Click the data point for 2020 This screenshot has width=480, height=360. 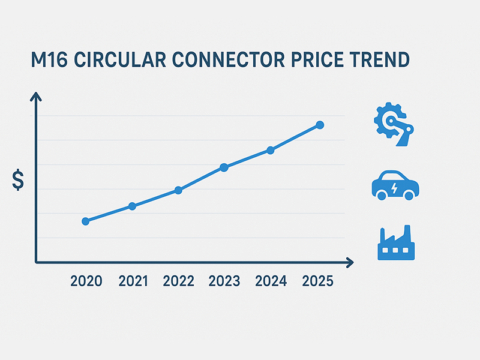[x=85, y=221]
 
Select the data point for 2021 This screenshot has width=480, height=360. [x=132, y=206]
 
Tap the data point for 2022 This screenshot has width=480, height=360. [x=178, y=190]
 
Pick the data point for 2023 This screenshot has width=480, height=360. [x=224, y=167]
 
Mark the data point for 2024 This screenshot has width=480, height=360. [x=270, y=150]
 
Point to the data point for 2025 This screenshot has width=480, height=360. [x=320, y=125]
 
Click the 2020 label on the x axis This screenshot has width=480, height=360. [x=86, y=281]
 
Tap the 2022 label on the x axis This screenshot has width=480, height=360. [x=178, y=281]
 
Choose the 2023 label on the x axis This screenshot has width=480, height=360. [x=224, y=281]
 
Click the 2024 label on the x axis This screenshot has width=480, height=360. [x=271, y=281]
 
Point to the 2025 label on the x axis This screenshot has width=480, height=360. [x=317, y=281]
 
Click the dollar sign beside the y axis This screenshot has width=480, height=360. [x=19, y=180]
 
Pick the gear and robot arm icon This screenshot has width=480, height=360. [x=395, y=124]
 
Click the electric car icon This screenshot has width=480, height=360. [x=395, y=185]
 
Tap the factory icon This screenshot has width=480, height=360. [x=396, y=243]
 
